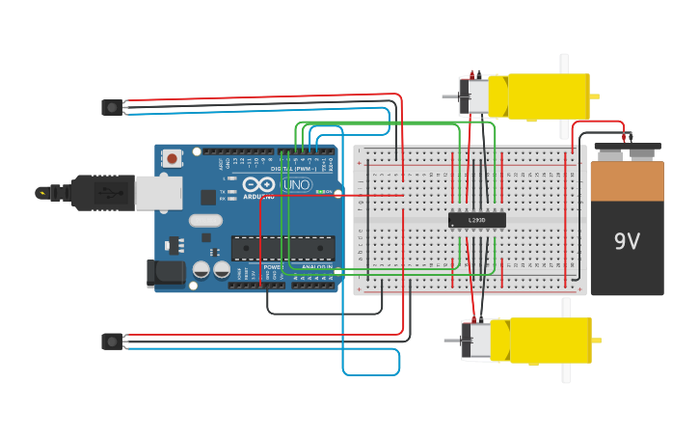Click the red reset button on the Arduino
point(172,158)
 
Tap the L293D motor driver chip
point(476,220)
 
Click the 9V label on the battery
point(627,241)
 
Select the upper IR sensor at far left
point(113,107)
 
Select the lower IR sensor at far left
point(113,341)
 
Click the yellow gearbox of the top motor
point(539,96)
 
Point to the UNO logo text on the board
point(296,184)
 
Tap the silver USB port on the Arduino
point(158,193)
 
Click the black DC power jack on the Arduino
point(165,273)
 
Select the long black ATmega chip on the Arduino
point(282,248)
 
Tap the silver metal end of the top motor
point(474,96)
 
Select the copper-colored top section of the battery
point(627,180)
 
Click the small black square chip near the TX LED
point(208,197)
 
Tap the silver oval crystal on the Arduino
point(205,220)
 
